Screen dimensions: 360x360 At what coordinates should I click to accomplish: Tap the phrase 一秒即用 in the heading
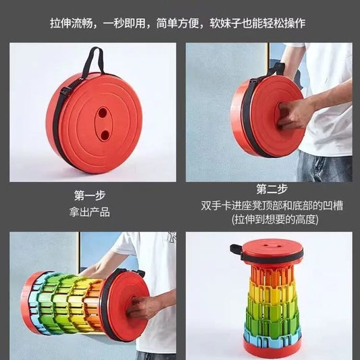coord(126,23)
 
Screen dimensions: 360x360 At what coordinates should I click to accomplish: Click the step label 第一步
coord(89,196)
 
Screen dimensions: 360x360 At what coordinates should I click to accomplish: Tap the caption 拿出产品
coord(91,211)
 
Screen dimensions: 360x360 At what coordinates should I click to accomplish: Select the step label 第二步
coord(269,188)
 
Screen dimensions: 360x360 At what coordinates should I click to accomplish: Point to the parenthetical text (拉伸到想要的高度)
coord(269,220)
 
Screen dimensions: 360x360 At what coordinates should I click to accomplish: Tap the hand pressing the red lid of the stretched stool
coord(145,307)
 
